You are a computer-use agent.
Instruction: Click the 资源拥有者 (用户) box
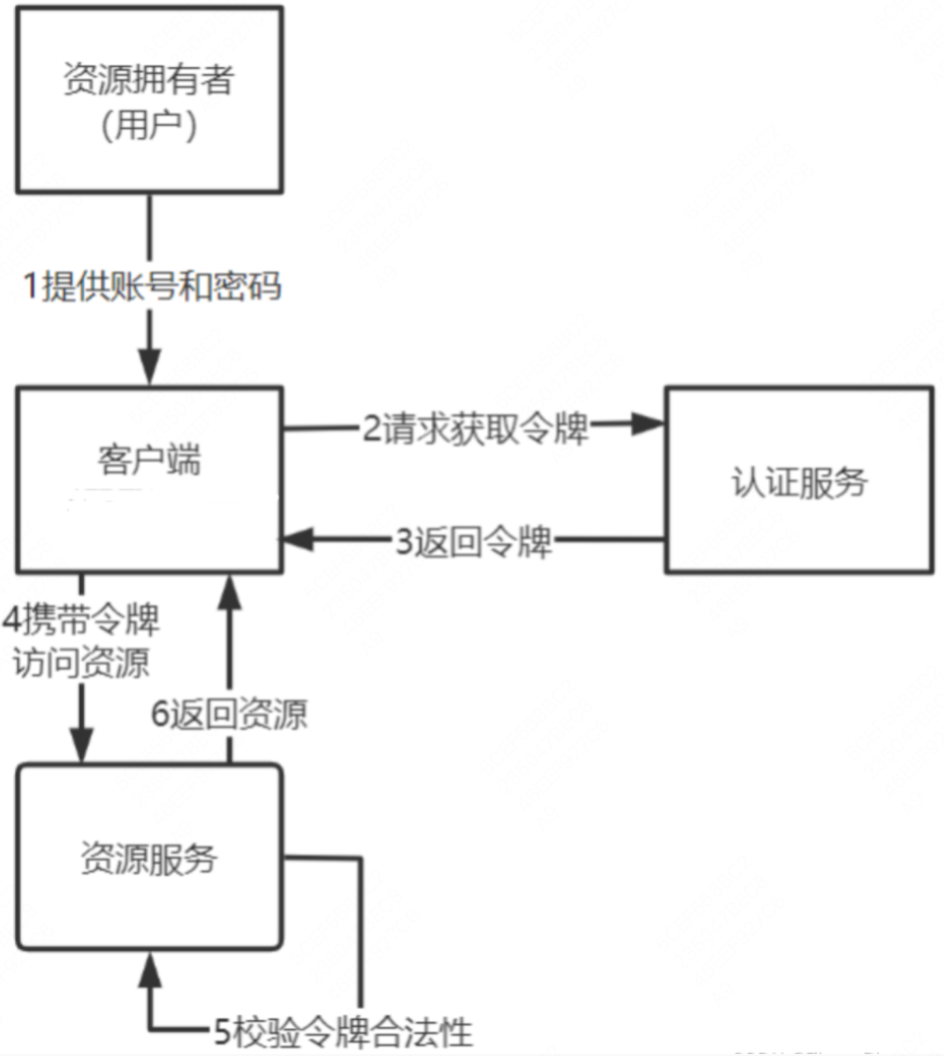coord(149,100)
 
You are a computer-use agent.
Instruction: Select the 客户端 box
coord(149,480)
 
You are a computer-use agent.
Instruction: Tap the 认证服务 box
coord(799,480)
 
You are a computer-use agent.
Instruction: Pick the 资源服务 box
coord(149,857)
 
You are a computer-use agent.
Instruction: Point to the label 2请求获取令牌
coord(475,429)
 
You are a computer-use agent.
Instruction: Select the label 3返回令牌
coord(473,542)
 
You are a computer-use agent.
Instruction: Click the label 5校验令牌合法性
coord(343,1031)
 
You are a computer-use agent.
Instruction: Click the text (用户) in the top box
coord(149,126)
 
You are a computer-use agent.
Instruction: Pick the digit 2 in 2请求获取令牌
coord(372,429)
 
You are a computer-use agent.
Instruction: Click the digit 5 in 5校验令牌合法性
coord(222,1031)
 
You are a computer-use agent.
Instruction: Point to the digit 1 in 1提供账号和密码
coord(31,286)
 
